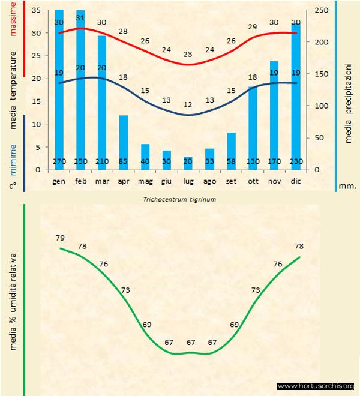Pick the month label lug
click(188, 181)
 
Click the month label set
click(232, 181)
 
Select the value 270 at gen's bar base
click(59, 161)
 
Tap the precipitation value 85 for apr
click(124, 161)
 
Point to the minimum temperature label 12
click(188, 104)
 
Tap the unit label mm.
click(347, 186)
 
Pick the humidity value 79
click(60, 238)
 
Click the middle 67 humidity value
click(191, 343)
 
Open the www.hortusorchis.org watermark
click(316, 386)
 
